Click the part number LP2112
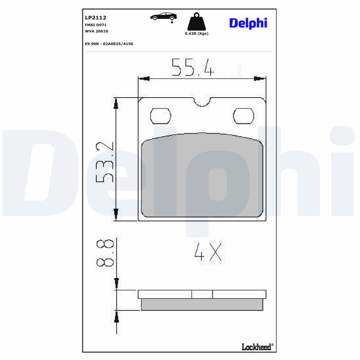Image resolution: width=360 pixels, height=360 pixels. [x=95, y=18]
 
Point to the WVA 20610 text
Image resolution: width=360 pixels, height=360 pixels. [x=97, y=31]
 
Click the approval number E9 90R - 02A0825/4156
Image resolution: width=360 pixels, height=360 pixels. [x=109, y=44]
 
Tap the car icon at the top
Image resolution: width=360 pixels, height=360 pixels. [x=163, y=17]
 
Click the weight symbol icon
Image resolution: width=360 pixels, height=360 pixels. [x=197, y=22]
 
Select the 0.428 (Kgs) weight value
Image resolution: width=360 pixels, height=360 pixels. [x=197, y=34]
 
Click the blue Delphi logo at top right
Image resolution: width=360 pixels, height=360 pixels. [x=248, y=23]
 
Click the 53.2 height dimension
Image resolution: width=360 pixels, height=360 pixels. [x=104, y=162]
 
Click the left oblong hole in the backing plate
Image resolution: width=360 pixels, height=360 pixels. [x=160, y=116]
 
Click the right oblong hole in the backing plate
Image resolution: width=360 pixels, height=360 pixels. [x=243, y=116]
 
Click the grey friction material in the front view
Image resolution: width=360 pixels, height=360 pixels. [x=202, y=175]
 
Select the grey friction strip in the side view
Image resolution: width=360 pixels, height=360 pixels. [x=202, y=305]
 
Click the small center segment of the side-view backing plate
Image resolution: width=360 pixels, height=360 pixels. [x=202, y=294]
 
